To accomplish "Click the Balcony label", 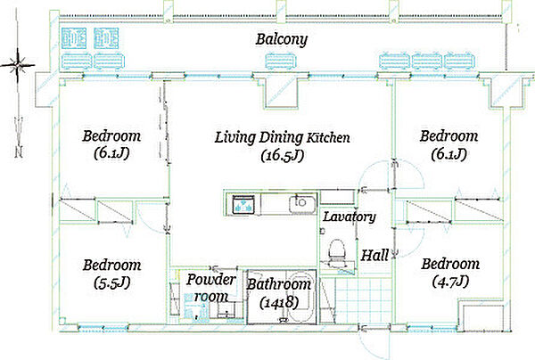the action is [x=282, y=39].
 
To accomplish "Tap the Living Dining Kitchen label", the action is [x=282, y=137].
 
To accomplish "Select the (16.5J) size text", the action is [x=282, y=156].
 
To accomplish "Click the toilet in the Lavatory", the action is [x=336, y=252].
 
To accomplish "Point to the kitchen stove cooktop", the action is [x=243, y=204].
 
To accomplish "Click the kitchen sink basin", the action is [x=302, y=204].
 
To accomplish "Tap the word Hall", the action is [x=374, y=255].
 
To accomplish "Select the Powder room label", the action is [x=210, y=288].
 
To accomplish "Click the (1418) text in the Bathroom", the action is [x=279, y=302].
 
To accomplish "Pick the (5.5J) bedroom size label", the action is [x=112, y=283].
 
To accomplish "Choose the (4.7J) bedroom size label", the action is [x=450, y=282].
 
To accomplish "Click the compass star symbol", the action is [x=17, y=64].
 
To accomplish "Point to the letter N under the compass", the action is [x=19, y=152].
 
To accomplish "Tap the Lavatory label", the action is [x=349, y=217].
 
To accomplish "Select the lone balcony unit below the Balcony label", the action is [x=281, y=61].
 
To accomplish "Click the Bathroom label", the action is [x=279, y=284].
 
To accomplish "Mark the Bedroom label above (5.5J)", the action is [x=112, y=265].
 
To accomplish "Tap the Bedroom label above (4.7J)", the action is [x=450, y=264].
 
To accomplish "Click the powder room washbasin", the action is [x=226, y=309].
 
